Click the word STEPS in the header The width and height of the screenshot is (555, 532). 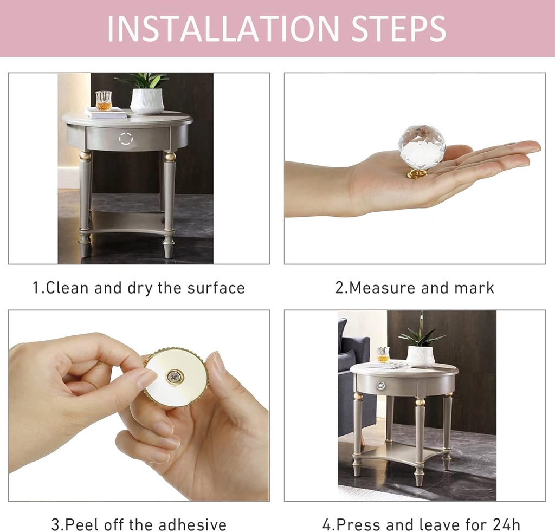coord(399,29)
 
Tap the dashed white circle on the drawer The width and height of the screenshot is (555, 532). coord(126,139)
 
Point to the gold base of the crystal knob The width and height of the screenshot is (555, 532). coord(417,173)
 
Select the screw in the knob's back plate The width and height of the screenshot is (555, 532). coord(175,377)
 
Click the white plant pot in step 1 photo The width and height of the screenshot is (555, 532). coord(147,101)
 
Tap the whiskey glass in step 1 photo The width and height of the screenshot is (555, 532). coord(103,100)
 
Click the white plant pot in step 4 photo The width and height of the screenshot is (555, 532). coord(421,356)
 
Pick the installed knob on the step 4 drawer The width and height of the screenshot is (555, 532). coord(381,385)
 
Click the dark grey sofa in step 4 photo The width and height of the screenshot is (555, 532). coord(355,379)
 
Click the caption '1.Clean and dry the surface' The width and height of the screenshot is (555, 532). coord(139,288)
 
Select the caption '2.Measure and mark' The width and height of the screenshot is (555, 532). coord(415,288)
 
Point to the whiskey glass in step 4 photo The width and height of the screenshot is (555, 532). coord(383,354)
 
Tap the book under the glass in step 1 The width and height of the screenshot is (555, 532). coord(107,113)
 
